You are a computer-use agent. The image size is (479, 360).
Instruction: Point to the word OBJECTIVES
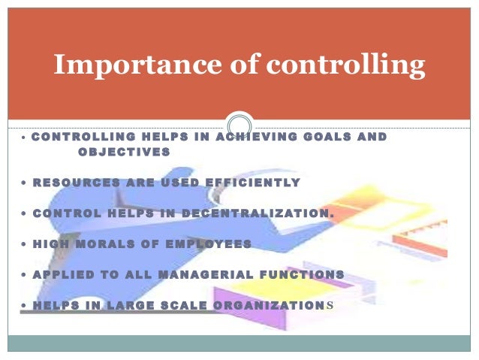click(x=124, y=152)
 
